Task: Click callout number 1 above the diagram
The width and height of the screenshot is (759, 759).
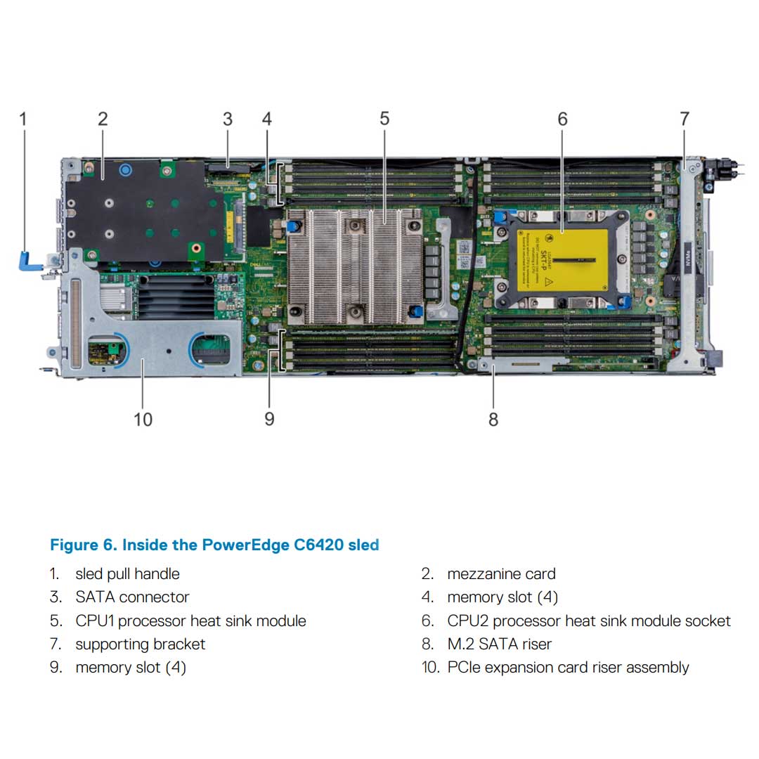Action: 22,119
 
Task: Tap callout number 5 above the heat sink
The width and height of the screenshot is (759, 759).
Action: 384,119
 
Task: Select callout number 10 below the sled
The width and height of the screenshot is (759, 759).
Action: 143,420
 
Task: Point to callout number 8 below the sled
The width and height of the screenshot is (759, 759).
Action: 493,420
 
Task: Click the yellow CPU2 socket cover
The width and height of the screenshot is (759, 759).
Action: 562,259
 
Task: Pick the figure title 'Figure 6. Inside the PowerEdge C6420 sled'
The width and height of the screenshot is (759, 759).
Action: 214,545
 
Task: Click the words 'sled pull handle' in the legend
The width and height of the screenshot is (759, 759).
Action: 127,574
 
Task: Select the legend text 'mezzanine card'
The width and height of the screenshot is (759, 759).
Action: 501,574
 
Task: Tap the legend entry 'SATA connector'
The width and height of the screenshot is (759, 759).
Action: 132,597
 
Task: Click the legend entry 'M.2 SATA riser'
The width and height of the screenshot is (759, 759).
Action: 499,644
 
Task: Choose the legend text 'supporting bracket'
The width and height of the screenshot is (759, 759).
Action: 140,644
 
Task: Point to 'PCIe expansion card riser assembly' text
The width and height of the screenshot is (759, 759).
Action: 568,667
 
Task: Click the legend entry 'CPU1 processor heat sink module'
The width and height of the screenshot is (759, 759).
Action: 190,621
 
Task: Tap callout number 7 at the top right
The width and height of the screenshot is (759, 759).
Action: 685,119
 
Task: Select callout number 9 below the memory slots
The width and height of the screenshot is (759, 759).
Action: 269,420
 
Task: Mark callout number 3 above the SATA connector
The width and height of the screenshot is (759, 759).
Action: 227,119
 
